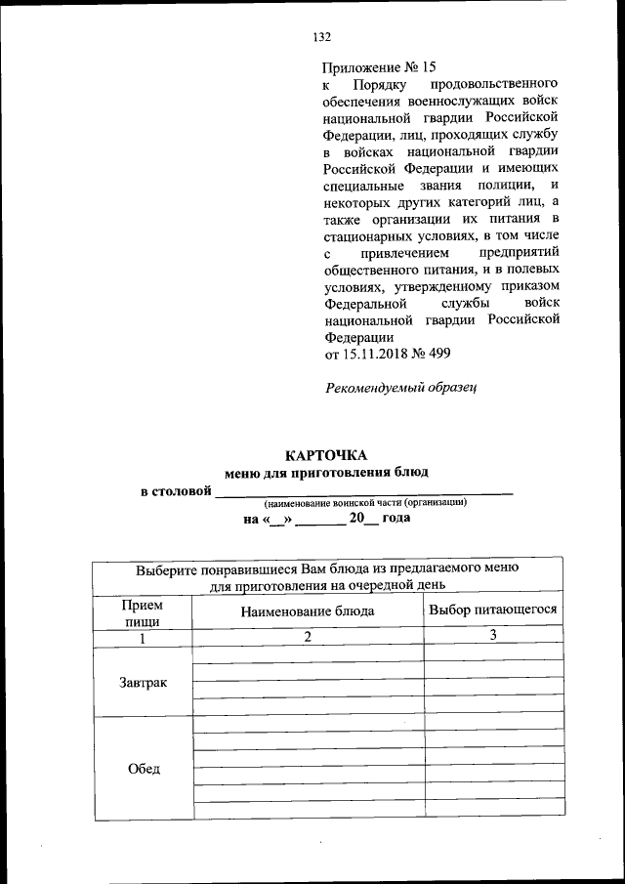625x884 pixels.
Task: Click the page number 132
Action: (x=322, y=37)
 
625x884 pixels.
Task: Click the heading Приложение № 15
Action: (x=379, y=67)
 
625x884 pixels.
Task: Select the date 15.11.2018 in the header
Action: (x=376, y=353)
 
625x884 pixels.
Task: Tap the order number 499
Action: (x=437, y=353)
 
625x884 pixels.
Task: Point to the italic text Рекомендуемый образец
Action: (x=400, y=388)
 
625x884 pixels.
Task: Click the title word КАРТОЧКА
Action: (x=326, y=455)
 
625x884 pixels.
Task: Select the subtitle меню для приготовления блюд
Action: (x=326, y=473)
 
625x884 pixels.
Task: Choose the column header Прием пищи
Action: (x=142, y=612)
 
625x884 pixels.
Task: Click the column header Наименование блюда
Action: (x=308, y=611)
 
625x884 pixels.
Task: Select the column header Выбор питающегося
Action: (x=493, y=610)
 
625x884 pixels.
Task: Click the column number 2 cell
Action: (x=308, y=638)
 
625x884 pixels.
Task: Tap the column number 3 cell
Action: (x=494, y=637)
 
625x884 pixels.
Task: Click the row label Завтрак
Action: (x=143, y=682)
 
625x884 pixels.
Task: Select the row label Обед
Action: (x=143, y=769)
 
